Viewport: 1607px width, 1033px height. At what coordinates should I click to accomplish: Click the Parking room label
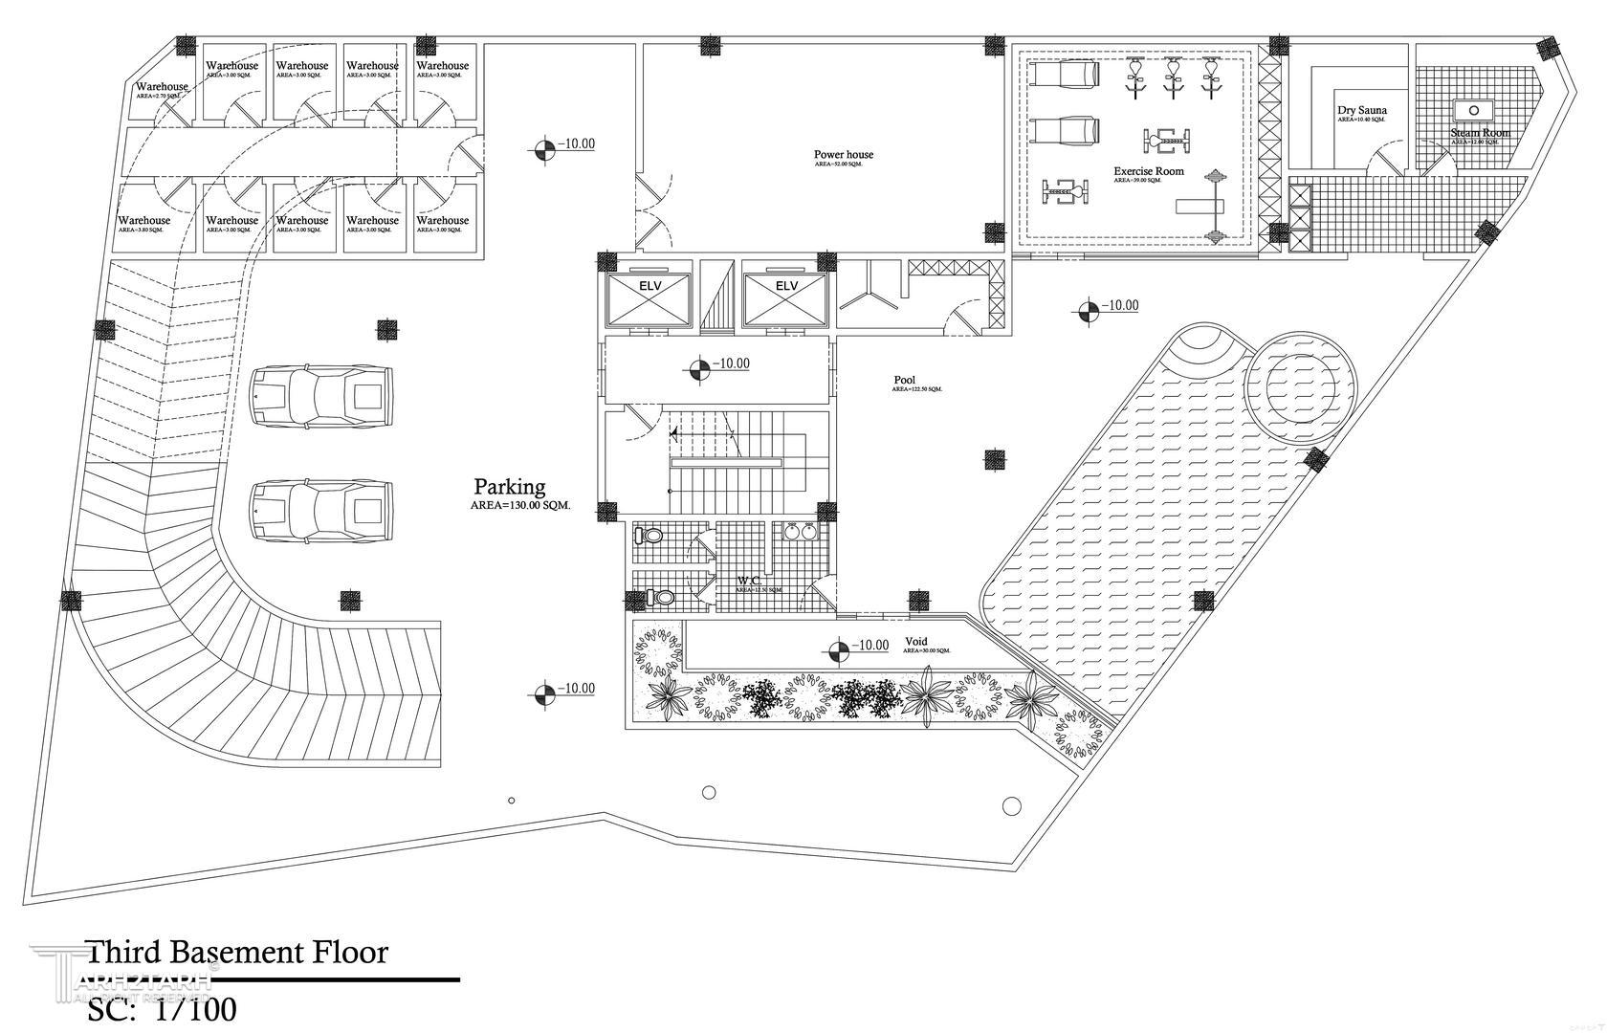coord(509,487)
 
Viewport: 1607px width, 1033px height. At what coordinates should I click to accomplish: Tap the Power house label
coord(843,154)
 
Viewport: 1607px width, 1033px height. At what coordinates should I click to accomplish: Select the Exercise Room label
coord(1148,172)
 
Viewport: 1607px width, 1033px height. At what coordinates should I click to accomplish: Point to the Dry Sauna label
coord(1361,111)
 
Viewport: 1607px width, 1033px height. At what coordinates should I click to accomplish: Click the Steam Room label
coord(1480,133)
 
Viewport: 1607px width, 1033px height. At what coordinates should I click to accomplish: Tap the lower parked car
coord(320,509)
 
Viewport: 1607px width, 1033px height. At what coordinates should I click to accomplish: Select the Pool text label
coord(904,380)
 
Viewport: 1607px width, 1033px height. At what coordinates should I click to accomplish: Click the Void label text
coord(915,642)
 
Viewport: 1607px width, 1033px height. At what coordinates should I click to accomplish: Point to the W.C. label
coord(748,581)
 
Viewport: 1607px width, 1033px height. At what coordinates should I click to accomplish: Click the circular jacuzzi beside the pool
coord(1299,386)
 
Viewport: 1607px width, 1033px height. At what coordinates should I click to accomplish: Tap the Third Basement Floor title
coord(237,953)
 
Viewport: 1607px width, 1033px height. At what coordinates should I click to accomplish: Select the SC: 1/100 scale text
coord(162,1009)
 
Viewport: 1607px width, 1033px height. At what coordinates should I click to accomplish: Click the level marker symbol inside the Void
coord(838,649)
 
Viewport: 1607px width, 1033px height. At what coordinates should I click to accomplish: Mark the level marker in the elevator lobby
coord(699,367)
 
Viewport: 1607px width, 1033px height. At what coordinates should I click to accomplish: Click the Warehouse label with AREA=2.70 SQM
coord(162,87)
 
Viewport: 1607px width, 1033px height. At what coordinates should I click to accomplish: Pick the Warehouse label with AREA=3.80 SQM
coord(143,221)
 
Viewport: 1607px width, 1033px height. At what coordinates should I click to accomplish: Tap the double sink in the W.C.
coord(801,532)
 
